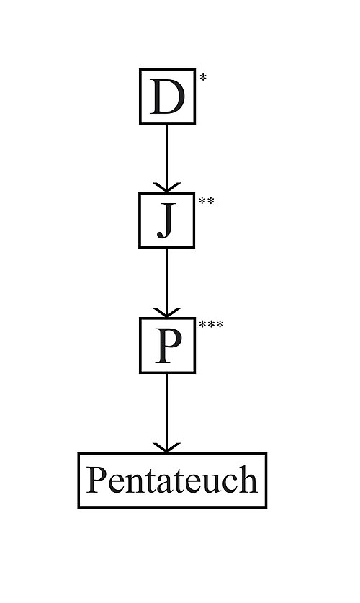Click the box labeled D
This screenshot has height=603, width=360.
pyautogui.click(x=167, y=97)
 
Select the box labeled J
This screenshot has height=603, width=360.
pyautogui.click(x=167, y=220)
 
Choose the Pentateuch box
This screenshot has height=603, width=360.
pyautogui.click(x=172, y=481)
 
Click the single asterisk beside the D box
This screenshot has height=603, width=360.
pyautogui.click(x=203, y=76)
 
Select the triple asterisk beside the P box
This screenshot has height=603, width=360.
pyautogui.click(x=211, y=325)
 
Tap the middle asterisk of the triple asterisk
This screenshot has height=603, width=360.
pyautogui.click(x=211, y=325)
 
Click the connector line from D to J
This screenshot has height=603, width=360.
pyautogui.click(x=167, y=155)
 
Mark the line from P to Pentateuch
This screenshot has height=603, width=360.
pyautogui.click(x=167, y=411)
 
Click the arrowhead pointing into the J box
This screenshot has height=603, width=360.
pyautogui.click(x=167, y=187)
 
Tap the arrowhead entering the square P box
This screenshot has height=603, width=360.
pyautogui.click(x=167, y=313)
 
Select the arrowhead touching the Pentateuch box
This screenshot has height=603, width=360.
pyautogui.click(x=167, y=447)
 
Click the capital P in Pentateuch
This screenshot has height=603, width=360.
pyautogui.click(x=97, y=480)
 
